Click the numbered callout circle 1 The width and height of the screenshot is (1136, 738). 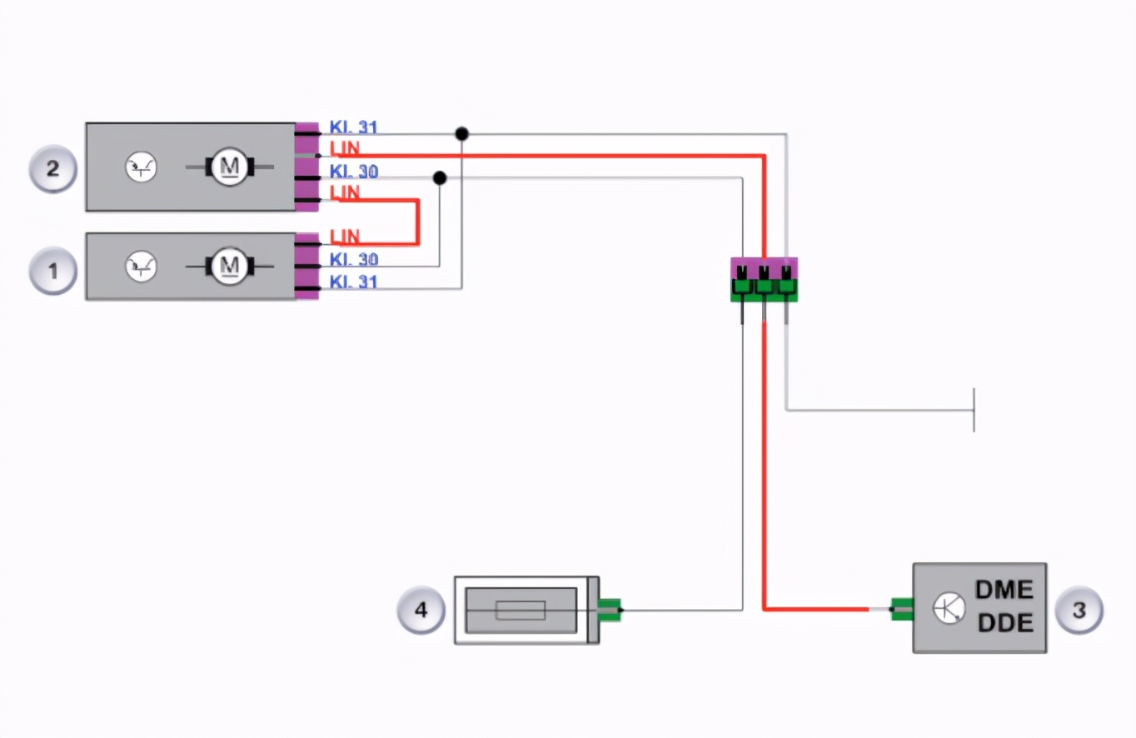coord(53,271)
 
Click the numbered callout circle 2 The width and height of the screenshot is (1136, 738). coord(53,169)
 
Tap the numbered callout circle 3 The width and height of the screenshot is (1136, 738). coord(1079,610)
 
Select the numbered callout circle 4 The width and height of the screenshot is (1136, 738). coord(421,610)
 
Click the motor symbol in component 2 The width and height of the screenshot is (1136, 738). coord(227,167)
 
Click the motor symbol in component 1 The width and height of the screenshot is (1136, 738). coord(227,267)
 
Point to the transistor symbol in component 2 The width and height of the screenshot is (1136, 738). coord(140,168)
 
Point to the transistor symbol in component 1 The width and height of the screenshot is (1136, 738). coord(140,267)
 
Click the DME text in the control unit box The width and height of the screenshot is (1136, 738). coord(1004,591)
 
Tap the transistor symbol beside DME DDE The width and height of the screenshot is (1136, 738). coord(949,609)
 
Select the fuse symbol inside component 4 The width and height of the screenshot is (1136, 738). coord(521,611)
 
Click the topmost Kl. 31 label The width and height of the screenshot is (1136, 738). coord(353,127)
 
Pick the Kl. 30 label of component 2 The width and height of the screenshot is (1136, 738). coord(353,172)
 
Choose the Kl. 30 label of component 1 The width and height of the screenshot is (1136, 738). coord(353,260)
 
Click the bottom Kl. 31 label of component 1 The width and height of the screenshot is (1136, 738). coord(353,282)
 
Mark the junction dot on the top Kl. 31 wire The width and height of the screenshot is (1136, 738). coord(461,133)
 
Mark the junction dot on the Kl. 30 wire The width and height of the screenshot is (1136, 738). coord(440,178)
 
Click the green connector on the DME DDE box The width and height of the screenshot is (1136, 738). coord(901,610)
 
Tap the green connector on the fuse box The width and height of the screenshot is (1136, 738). coord(610,610)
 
